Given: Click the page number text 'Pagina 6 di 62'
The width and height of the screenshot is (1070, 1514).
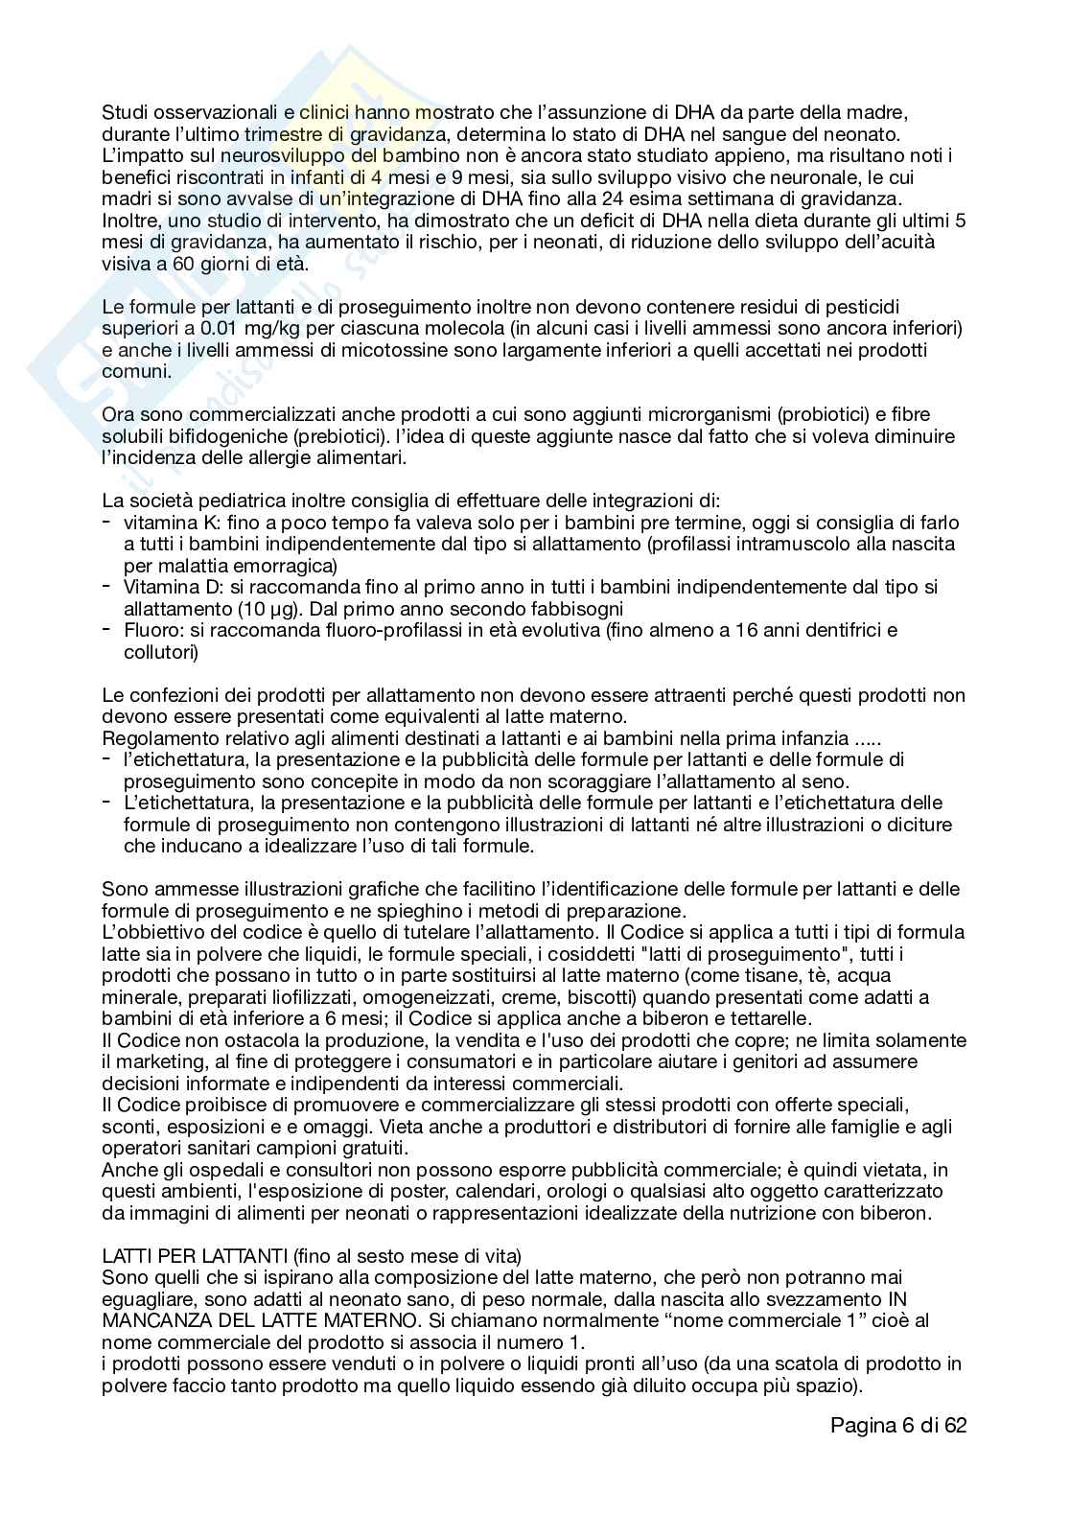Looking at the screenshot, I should (x=898, y=1425).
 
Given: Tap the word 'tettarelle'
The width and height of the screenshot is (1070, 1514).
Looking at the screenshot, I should (x=767, y=1018).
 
